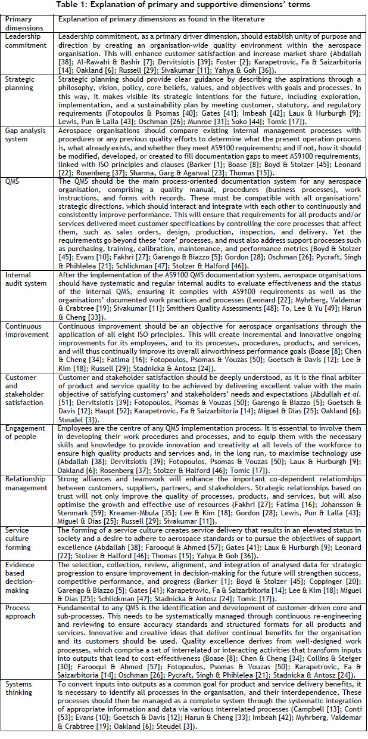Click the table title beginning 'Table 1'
(x=185, y=5)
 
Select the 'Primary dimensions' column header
(x=23, y=22)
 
